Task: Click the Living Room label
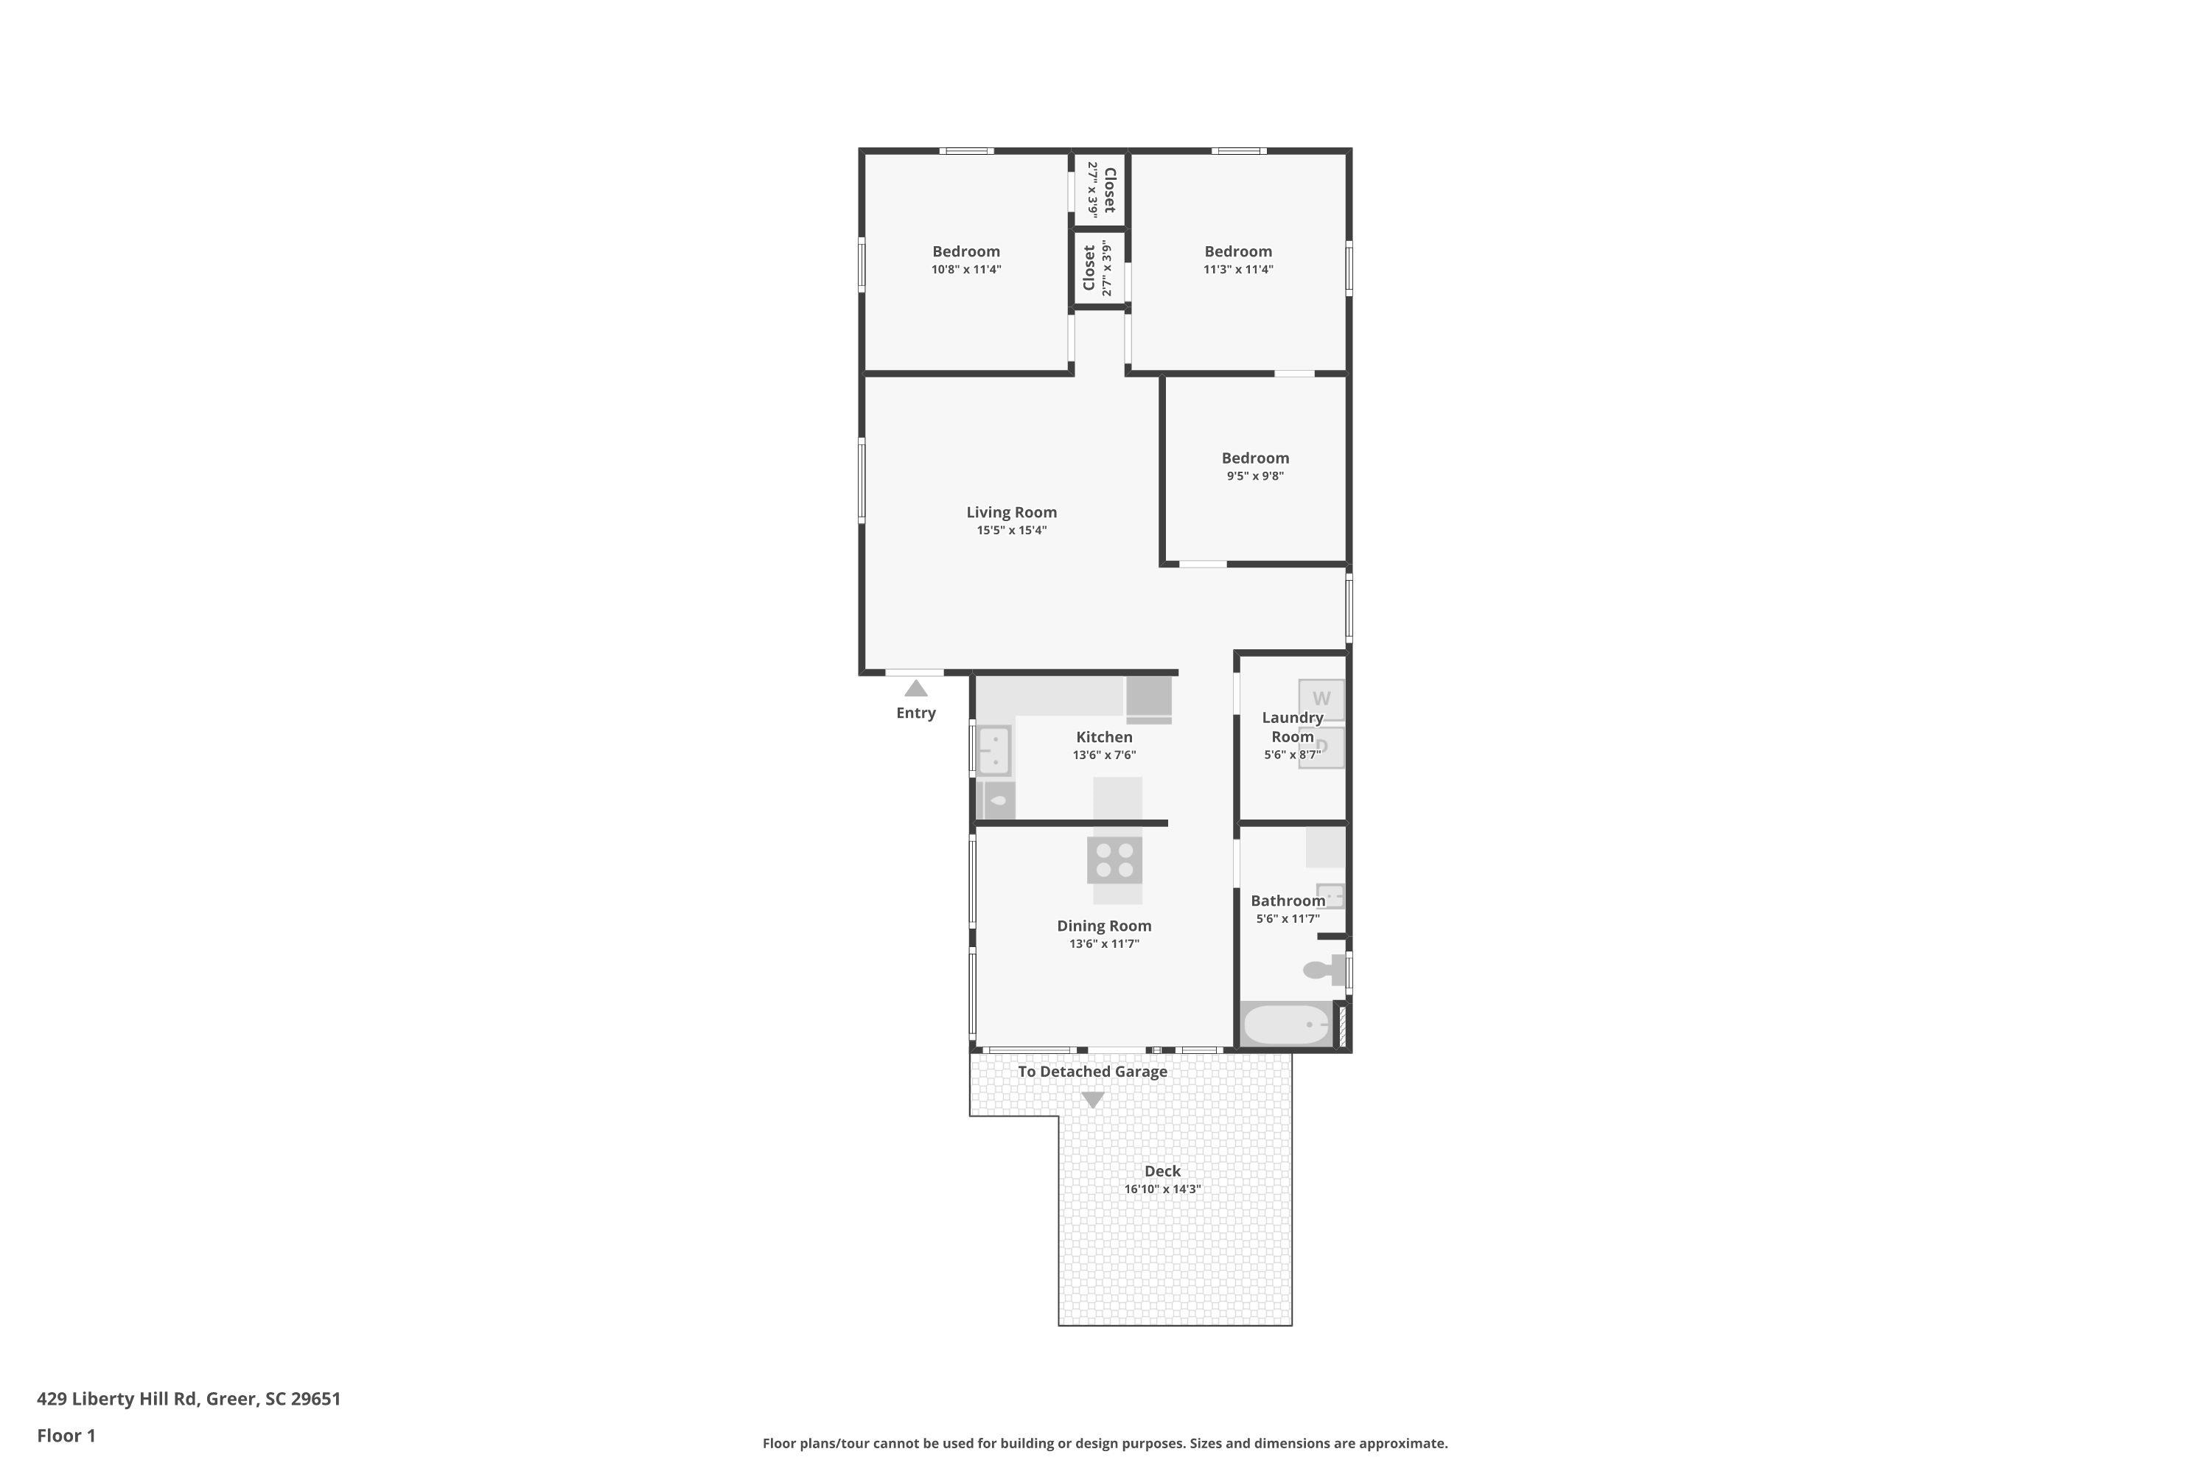point(1011,512)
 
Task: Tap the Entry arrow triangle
point(915,688)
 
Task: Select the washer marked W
point(1321,699)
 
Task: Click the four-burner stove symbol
point(1115,860)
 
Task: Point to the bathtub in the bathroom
point(1285,1024)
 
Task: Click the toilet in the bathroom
point(1324,969)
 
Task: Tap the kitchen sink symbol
point(993,750)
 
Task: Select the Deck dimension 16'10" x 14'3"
point(1163,1190)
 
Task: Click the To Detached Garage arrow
point(1092,1099)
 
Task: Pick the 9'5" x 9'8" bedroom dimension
point(1255,475)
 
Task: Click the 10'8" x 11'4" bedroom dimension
point(966,270)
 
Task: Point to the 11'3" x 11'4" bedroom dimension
point(1238,270)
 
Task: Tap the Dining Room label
point(1103,926)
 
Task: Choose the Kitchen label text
point(1105,737)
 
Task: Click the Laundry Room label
point(1293,727)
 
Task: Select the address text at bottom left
point(189,1399)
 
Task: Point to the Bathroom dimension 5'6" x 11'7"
point(1288,919)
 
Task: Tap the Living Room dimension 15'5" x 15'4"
point(1011,530)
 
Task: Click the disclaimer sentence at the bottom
point(1105,1443)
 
